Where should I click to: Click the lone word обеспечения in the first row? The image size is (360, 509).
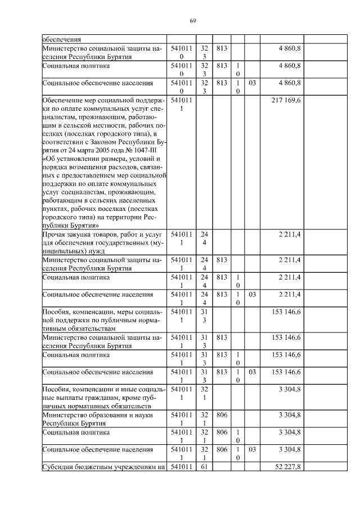[x=62, y=40]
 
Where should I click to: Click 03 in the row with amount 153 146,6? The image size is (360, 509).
[x=252, y=372]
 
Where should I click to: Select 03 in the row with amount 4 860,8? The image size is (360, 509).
[x=252, y=83]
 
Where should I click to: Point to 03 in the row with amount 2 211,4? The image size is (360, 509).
[x=252, y=294]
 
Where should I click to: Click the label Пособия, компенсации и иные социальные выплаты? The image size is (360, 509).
[x=102, y=389]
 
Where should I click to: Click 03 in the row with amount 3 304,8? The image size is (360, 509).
[x=252, y=449]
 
